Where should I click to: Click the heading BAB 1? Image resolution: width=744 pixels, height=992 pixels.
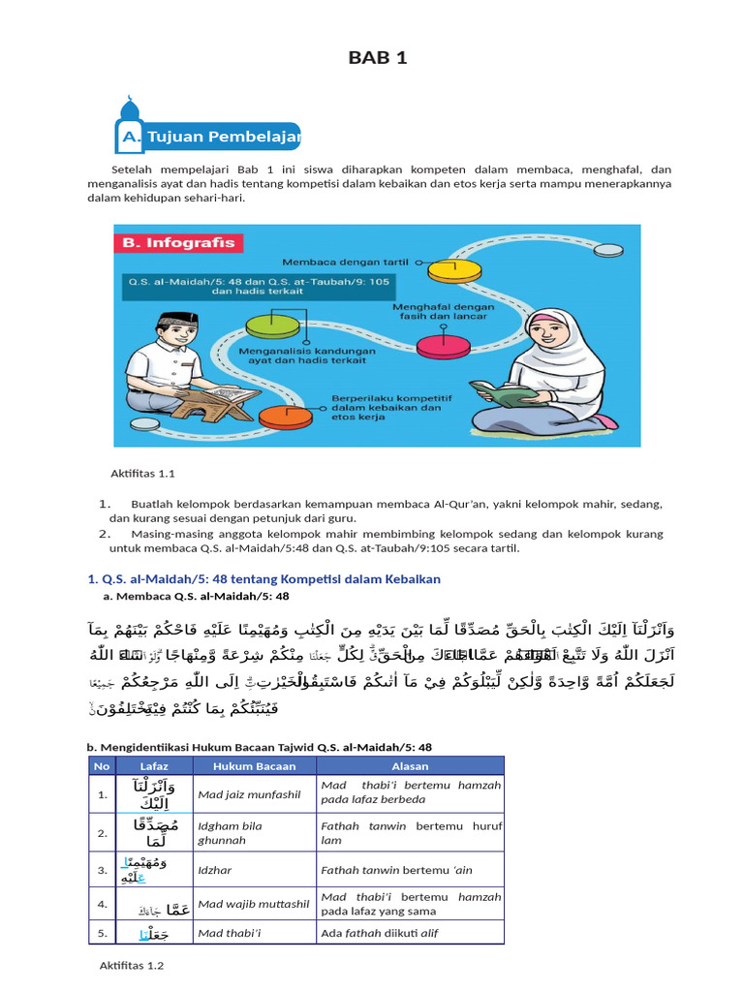tap(378, 58)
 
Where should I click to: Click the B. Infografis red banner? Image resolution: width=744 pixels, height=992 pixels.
tap(178, 243)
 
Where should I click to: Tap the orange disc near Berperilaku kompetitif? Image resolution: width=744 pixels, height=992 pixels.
tap(284, 418)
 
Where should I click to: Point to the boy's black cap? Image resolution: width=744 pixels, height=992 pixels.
tap(177, 320)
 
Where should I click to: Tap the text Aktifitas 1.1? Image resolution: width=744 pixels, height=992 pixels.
tap(141, 474)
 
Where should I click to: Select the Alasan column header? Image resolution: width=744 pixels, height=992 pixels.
tap(410, 765)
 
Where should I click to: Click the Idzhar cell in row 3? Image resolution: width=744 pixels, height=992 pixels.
tap(215, 870)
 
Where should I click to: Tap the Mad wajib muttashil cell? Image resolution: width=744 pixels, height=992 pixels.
tap(253, 905)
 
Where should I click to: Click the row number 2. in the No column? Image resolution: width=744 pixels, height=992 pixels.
tap(101, 832)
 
